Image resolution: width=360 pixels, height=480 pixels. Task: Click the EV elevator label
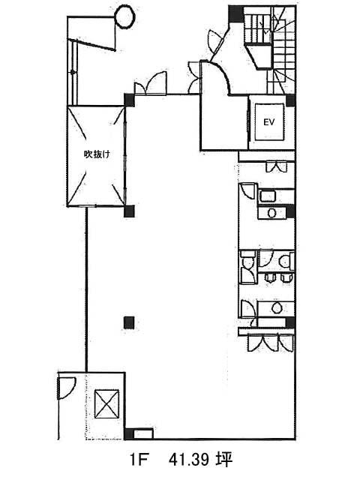click(267, 121)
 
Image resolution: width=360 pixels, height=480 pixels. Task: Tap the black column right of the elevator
click(290, 100)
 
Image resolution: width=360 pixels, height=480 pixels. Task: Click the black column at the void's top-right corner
click(129, 98)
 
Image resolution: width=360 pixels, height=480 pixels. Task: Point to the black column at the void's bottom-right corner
click(129, 210)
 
